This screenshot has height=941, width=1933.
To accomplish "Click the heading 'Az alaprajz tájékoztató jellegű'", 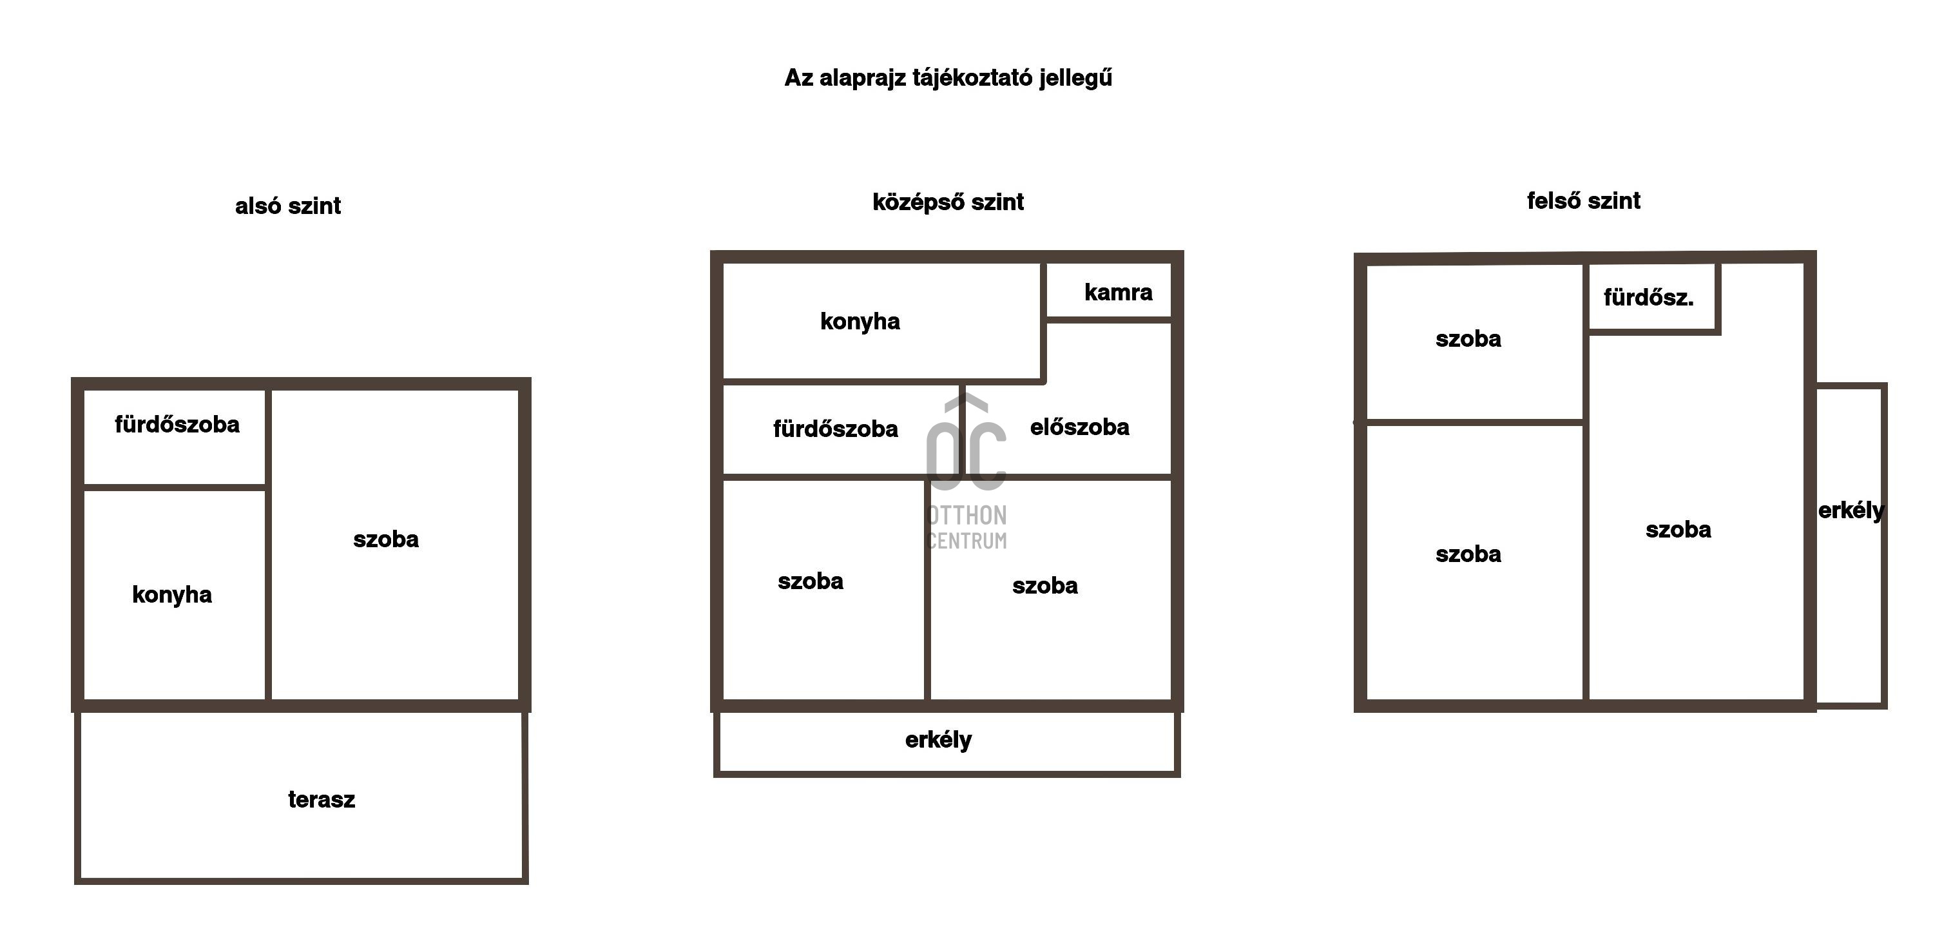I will pos(948,78).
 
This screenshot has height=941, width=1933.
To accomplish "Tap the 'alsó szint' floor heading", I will pos(287,206).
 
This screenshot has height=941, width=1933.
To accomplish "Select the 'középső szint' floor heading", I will pos(948,202).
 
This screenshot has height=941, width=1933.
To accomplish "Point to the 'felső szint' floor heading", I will pos(1583,201).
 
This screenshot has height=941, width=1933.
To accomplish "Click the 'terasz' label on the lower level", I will pos(321,799).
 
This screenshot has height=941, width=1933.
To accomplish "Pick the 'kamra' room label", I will pos(1118,292).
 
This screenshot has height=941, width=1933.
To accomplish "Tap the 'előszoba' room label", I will pos(1079,427).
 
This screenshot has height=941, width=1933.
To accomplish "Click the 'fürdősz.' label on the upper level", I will pos(1649,298).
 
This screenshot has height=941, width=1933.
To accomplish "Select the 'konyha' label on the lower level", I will pos(172,594).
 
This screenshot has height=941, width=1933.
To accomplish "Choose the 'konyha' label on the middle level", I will pos(860,321).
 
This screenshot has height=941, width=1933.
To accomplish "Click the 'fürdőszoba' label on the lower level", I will pos(177,425).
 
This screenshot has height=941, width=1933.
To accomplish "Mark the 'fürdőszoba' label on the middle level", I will pos(835,429).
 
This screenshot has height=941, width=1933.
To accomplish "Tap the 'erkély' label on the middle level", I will pos(938,740).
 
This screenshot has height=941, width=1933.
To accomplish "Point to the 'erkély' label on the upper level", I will pos(1851,511).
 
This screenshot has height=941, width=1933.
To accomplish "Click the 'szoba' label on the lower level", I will pos(386,539).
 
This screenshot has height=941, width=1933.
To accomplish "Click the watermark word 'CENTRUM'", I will pos(967,540).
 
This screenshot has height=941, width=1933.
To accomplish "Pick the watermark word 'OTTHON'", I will pos(968,516).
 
